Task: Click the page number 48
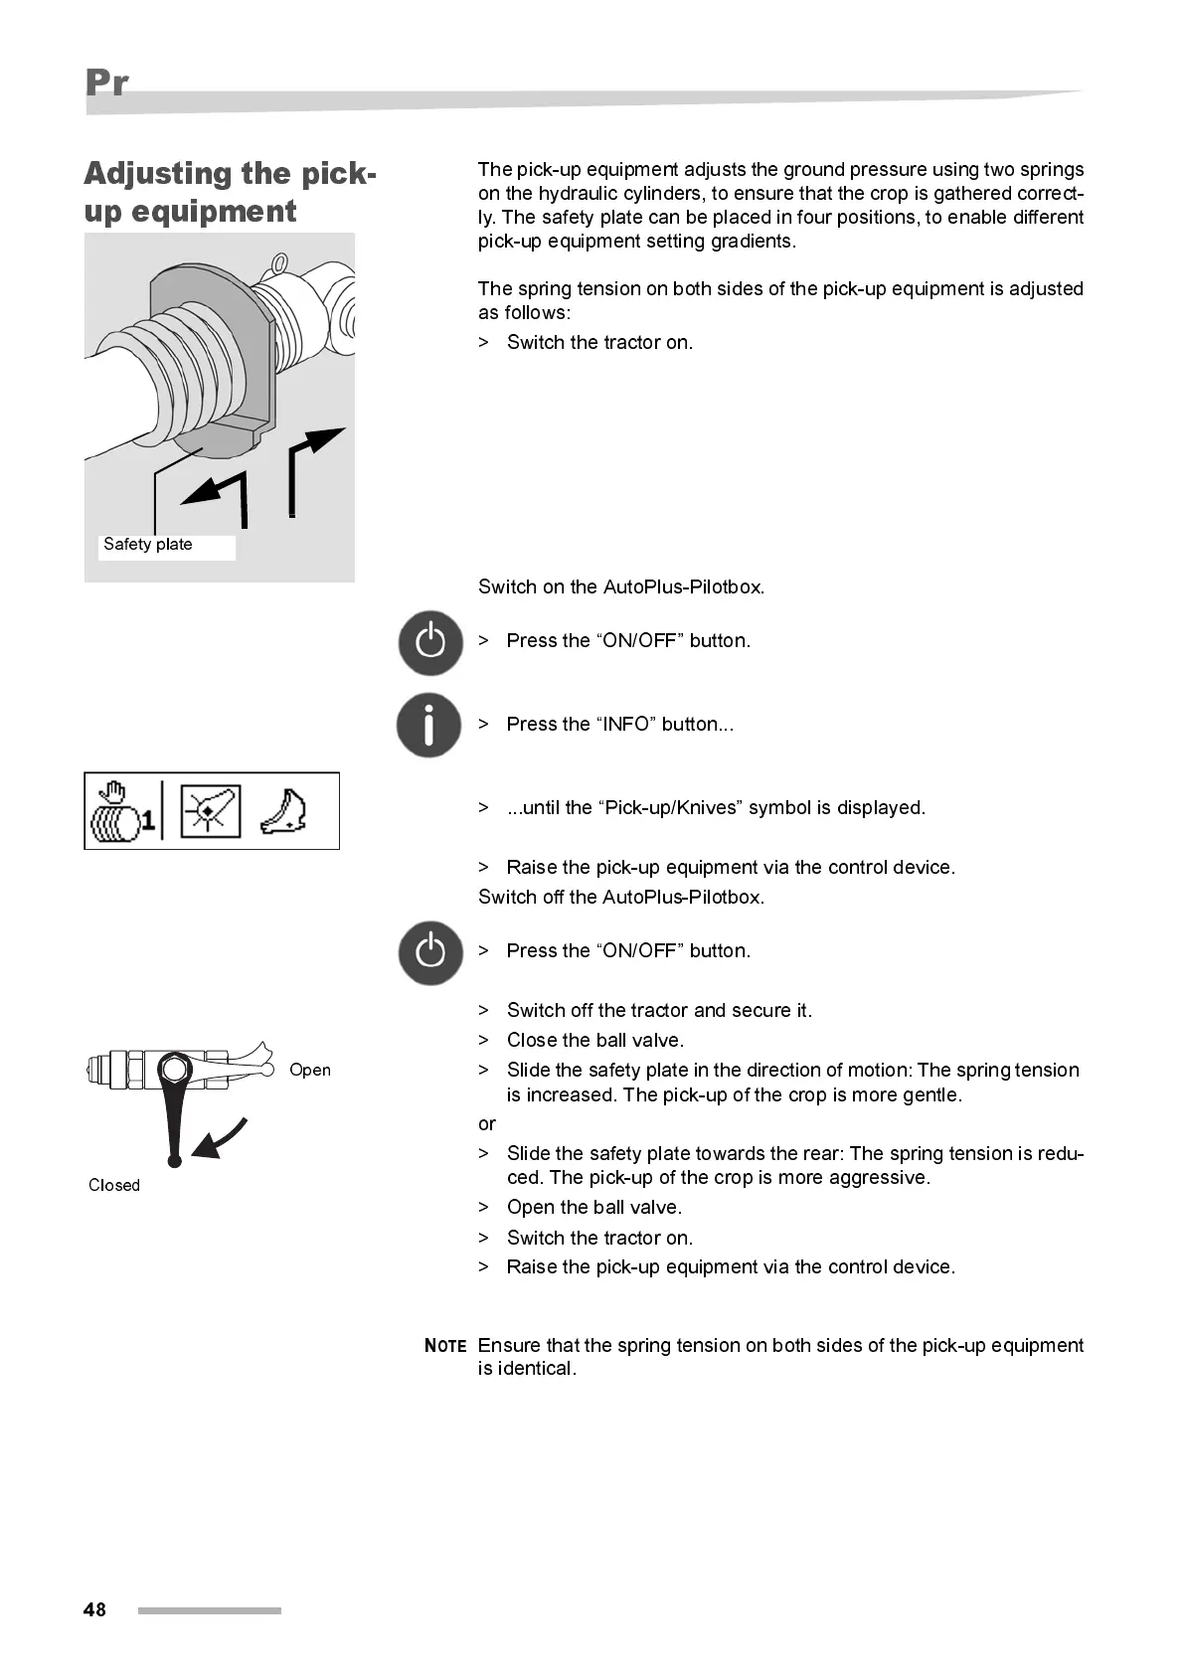click(94, 1609)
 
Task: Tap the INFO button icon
click(429, 725)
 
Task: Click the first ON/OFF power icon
click(430, 642)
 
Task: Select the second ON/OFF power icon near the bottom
click(430, 952)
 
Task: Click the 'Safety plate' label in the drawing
click(148, 545)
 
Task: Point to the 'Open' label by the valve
click(310, 1070)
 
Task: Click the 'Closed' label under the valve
click(114, 1185)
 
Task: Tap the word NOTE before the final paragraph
click(445, 1346)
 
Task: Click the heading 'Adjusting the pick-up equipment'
click(230, 192)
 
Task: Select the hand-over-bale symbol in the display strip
click(121, 812)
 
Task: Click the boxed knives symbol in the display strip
click(211, 811)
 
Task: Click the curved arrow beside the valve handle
click(221, 1139)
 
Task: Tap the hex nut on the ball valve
click(176, 1070)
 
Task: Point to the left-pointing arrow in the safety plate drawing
click(219, 491)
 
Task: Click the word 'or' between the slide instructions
click(486, 1124)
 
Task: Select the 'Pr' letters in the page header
click(106, 83)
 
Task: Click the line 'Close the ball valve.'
click(594, 1041)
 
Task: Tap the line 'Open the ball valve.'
click(593, 1208)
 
